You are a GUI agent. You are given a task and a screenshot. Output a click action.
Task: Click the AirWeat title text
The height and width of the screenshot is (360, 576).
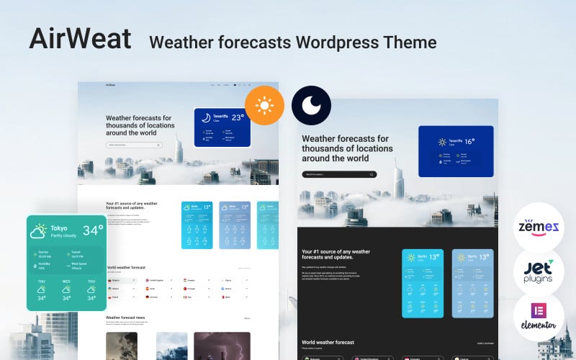click(80, 40)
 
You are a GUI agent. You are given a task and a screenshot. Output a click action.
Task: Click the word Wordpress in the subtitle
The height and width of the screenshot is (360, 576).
click(328, 42)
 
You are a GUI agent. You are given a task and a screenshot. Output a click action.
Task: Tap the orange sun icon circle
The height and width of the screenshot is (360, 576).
click(264, 106)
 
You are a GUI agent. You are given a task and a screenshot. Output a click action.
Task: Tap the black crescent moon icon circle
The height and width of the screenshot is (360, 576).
click(311, 106)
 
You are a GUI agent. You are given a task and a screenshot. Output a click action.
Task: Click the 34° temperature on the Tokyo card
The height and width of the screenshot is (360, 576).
click(93, 230)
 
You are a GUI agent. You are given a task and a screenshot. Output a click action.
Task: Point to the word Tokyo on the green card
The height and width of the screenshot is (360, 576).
click(59, 228)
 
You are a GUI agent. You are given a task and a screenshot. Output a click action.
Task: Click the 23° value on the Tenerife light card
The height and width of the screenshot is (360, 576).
click(238, 118)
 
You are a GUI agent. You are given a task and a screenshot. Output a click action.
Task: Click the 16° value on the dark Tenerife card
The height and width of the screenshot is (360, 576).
click(469, 142)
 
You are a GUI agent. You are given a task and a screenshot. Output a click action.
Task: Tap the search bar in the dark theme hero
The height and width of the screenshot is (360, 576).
click(339, 174)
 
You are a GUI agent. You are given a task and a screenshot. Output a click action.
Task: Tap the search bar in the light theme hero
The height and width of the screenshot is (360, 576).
click(133, 145)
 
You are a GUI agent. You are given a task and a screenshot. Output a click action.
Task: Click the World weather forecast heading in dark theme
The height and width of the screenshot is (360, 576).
click(328, 343)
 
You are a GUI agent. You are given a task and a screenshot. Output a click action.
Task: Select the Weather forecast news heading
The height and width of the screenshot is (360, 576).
click(126, 317)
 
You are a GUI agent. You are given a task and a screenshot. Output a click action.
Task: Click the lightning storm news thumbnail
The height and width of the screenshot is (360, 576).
click(222, 346)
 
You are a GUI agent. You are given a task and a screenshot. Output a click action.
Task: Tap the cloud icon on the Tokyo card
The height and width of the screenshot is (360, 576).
click(39, 231)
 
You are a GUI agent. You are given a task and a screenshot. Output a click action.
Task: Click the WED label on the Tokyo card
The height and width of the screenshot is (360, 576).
click(66, 282)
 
